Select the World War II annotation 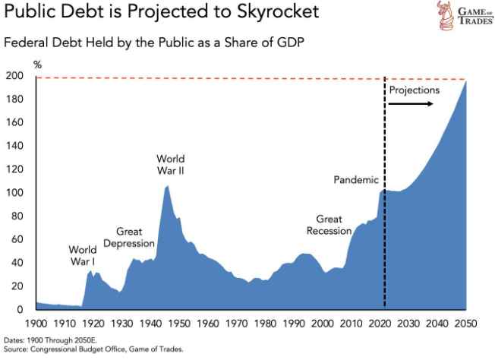point(171,165)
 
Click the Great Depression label point(134,237)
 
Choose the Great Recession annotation point(329,225)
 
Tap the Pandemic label point(355,180)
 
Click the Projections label point(414,90)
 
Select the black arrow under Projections point(411,103)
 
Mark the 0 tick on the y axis point(20,310)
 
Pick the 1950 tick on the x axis point(179,324)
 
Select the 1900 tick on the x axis point(36,324)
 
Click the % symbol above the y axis point(36,63)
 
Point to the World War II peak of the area point(167,186)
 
